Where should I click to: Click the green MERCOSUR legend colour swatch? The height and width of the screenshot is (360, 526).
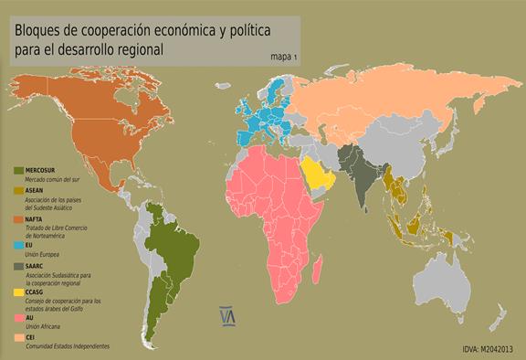point(19,171)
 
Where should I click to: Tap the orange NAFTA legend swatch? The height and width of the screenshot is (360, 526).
point(19,219)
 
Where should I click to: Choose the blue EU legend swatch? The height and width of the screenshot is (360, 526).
point(19,246)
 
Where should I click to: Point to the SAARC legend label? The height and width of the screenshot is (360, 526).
point(38,266)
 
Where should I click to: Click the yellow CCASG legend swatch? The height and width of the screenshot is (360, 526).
point(19,292)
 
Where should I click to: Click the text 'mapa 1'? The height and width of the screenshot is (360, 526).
point(285,57)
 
